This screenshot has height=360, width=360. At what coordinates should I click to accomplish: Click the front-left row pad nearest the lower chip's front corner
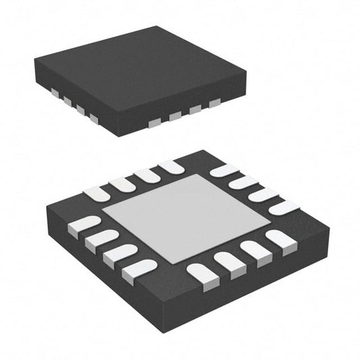point(139,271)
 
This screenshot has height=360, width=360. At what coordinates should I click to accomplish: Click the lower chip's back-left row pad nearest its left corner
point(96,194)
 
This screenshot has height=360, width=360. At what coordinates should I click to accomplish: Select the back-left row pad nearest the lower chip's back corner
point(172,167)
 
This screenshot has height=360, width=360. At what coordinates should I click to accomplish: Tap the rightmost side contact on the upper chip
point(215,103)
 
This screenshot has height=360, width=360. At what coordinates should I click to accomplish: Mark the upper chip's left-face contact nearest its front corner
point(94,119)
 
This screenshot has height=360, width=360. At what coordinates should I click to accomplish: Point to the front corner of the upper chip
point(119,135)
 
